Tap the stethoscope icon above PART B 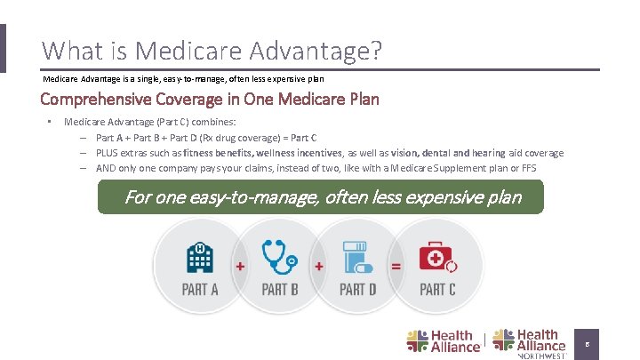[x=279, y=256]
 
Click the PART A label [x=200, y=289]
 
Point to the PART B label [x=280, y=289]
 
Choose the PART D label [x=358, y=289]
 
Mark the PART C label [x=437, y=289]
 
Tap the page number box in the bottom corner [x=587, y=342]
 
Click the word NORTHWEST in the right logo [x=541, y=356]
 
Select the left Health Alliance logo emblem [x=417, y=340]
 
